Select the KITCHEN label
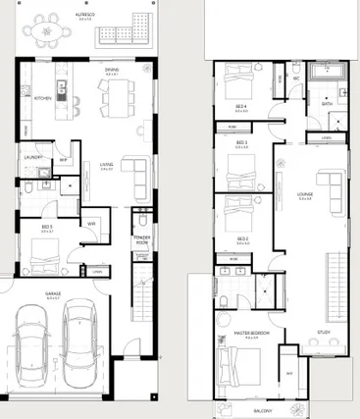click(42, 99)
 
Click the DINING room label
click(113, 71)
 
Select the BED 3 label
click(241, 142)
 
